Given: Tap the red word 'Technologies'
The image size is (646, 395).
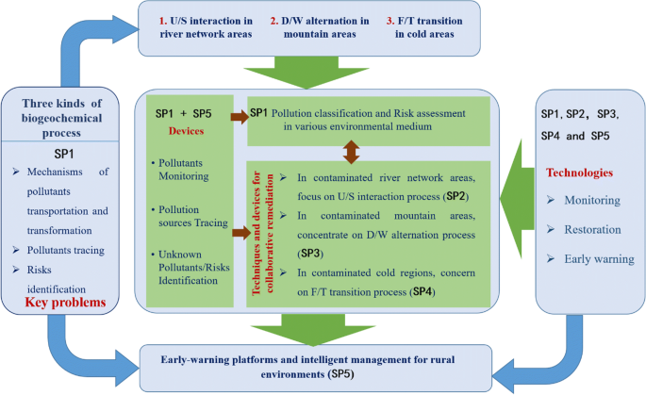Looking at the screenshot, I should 581,173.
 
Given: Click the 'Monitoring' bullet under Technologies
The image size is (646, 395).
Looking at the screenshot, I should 591,200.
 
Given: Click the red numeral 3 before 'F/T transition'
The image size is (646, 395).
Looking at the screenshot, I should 386,18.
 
